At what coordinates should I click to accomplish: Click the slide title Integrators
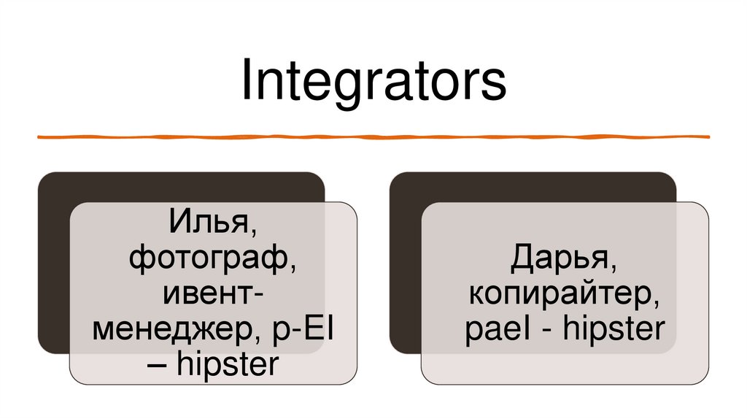click(373, 82)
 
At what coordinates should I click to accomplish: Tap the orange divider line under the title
click(373, 137)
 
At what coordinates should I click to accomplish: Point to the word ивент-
click(213, 294)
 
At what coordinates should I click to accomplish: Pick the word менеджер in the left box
click(171, 330)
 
